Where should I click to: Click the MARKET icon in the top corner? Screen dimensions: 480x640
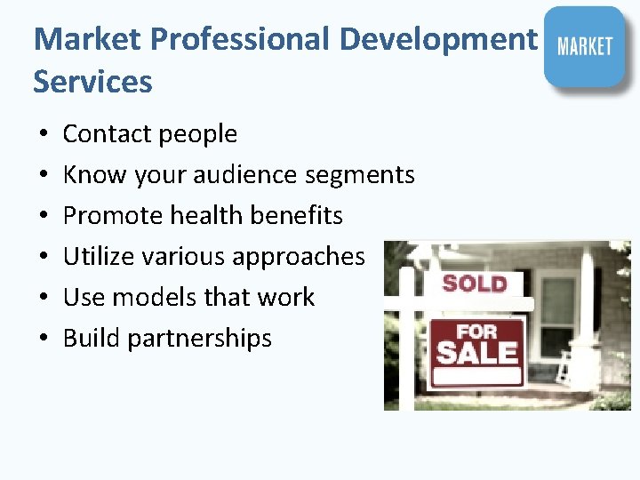pos(584,46)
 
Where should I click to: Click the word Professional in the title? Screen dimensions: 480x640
pos(240,39)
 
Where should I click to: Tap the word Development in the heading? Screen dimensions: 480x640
pos(439,39)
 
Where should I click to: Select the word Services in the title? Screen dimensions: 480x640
pos(92,82)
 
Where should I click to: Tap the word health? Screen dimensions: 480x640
pos(210,216)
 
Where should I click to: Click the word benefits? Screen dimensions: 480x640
pos(301,216)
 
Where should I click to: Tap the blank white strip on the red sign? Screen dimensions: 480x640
pos(476,375)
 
